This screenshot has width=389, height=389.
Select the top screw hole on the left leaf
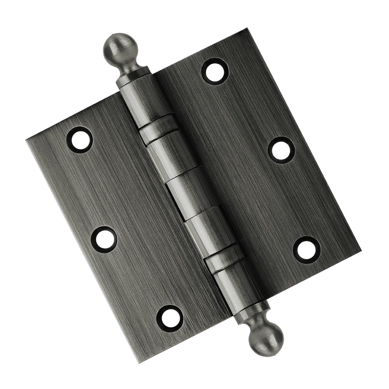tap(80, 139)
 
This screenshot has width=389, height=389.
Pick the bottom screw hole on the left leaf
tap(170, 317)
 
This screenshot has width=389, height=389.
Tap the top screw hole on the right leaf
tap(215, 71)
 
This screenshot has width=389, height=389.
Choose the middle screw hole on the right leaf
tap(281, 150)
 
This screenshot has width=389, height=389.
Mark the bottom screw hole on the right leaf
tap(307, 249)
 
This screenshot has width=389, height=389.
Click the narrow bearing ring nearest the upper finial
tap(159, 129)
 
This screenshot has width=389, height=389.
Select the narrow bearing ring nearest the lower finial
tap(225, 260)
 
